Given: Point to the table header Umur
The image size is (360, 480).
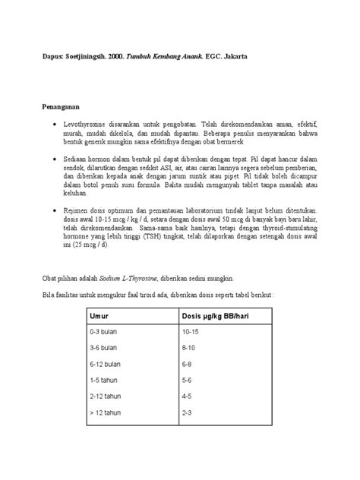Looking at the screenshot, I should (99, 315).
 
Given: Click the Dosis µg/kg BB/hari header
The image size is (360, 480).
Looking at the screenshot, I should (216, 315).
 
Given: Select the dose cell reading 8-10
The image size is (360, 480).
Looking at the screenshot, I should (189, 347).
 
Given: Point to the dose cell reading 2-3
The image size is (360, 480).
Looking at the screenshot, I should (188, 413).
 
